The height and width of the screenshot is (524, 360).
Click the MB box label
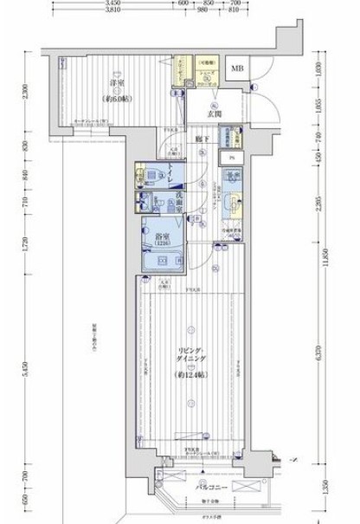(235, 68)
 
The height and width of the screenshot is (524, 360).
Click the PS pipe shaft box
(232, 158)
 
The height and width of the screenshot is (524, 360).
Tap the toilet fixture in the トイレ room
(145, 179)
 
